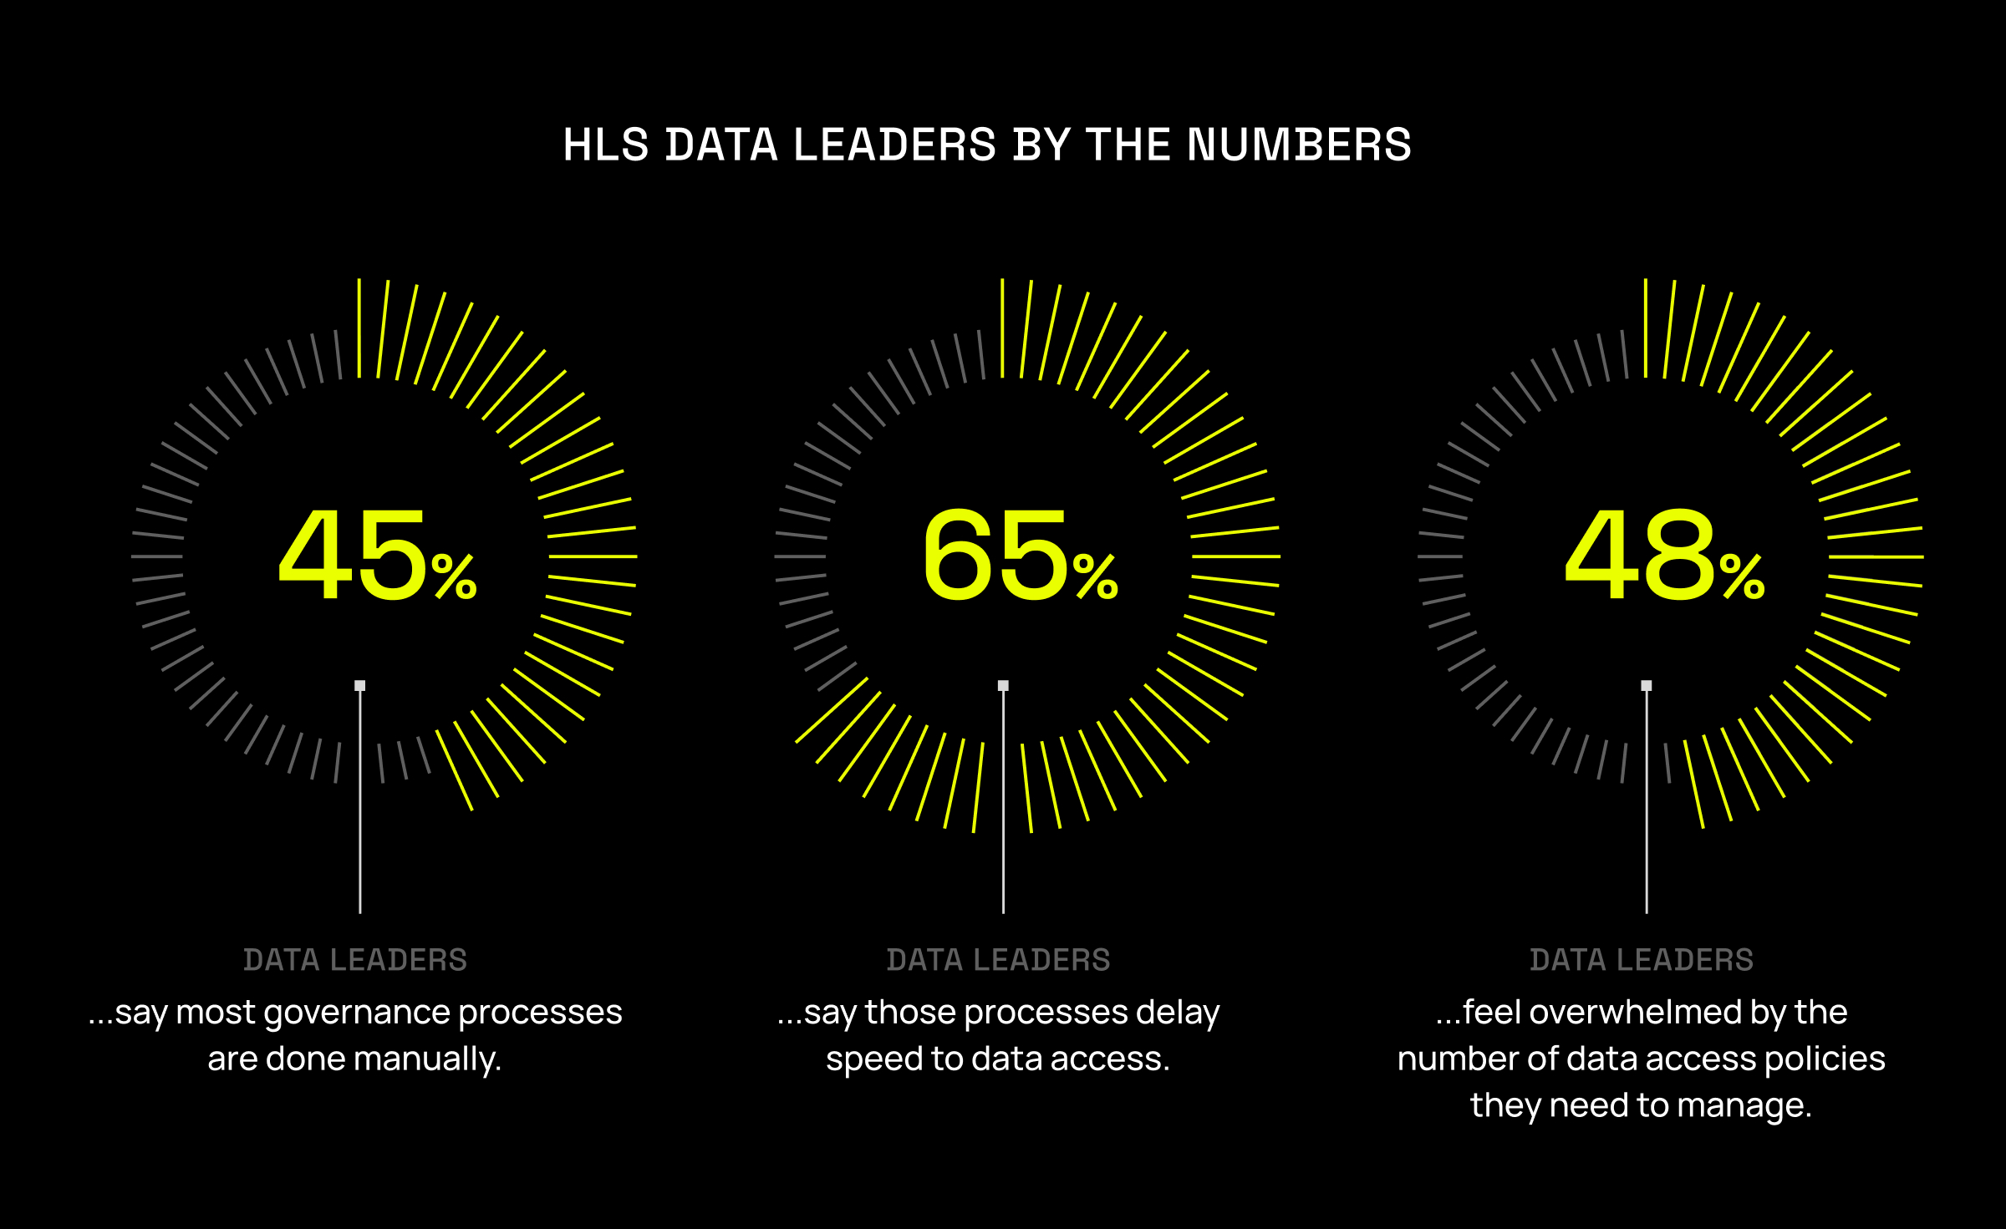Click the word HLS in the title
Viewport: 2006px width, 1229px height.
click(x=605, y=145)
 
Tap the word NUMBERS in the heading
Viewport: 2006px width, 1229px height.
click(x=1299, y=145)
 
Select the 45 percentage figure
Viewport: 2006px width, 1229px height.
click(x=353, y=556)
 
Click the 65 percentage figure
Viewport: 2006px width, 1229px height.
click(x=995, y=556)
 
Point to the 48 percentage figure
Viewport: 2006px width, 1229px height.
click(x=1639, y=556)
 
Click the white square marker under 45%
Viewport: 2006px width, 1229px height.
click(x=360, y=686)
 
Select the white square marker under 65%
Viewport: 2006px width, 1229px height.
click(x=1003, y=686)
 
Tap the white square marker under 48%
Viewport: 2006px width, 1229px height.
click(x=1647, y=686)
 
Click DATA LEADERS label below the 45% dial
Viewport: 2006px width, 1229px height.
click(x=355, y=960)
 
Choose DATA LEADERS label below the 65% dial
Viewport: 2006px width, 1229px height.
click(x=998, y=960)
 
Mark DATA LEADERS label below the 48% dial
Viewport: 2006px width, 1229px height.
click(x=1642, y=960)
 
